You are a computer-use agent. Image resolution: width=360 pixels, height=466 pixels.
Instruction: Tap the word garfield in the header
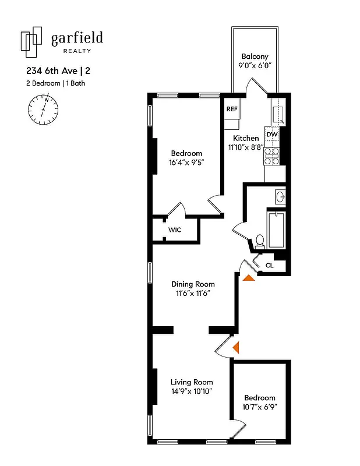click(77, 38)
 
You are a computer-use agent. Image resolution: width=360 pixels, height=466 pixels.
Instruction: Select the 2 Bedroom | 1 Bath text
click(52, 83)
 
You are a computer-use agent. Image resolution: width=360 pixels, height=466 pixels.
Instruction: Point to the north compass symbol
click(44, 109)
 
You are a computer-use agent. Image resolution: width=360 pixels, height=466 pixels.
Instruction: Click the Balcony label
click(255, 57)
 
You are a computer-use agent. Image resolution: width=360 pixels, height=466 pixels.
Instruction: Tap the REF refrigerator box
click(232, 109)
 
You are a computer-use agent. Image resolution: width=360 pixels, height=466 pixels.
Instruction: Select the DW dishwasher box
click(272, 135)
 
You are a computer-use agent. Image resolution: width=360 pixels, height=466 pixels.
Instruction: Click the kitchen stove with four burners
click(272, 155)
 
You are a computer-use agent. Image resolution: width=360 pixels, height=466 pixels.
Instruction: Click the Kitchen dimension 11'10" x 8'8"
click(246, 147)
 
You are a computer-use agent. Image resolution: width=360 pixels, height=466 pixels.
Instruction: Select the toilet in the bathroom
click(260, 241)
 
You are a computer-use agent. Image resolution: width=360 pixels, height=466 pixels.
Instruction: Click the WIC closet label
click(175, 230)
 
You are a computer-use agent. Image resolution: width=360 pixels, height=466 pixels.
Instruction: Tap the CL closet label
click(269, 265)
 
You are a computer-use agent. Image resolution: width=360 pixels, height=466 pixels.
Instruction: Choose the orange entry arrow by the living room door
click(236, 348)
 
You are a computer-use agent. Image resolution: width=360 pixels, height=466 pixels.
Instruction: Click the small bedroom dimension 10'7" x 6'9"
click(259, 407)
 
